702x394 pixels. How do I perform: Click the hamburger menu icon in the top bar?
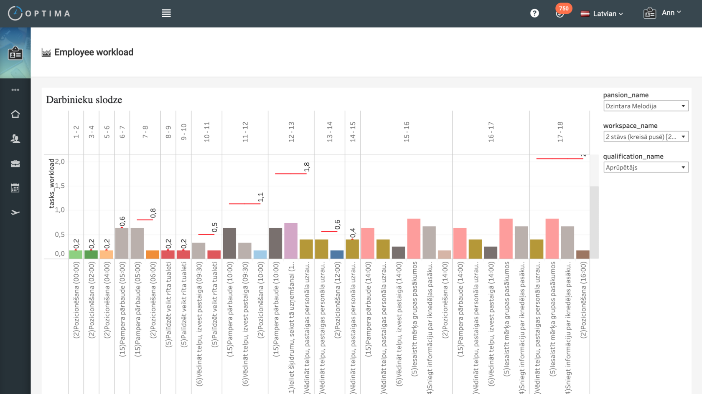[166, 13]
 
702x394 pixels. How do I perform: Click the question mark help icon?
[534, 13]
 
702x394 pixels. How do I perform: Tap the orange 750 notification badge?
[564, 8]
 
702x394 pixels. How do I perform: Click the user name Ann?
[668, 13]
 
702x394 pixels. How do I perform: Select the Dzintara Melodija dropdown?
[646, 106]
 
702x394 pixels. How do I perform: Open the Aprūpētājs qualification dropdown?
[646, 167]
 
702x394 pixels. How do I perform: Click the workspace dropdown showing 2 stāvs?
[646, 136]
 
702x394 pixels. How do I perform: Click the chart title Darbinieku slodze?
[84, 100]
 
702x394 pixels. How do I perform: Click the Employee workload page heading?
[94, 52]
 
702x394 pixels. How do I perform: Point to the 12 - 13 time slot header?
[291, 132]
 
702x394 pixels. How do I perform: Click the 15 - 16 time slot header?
[406, 132]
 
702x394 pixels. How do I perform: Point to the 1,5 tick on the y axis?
[60, 186]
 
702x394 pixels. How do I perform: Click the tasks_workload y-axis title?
[52, 183]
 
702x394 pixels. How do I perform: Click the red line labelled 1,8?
[290, 174]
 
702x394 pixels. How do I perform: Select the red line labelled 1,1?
[244, 204]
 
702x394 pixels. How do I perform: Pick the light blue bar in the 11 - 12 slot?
[260, 254]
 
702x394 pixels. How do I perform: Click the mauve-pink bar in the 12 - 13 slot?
[291, 241]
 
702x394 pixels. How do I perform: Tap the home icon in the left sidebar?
[15, 114]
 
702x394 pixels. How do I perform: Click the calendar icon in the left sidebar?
[15, 188]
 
